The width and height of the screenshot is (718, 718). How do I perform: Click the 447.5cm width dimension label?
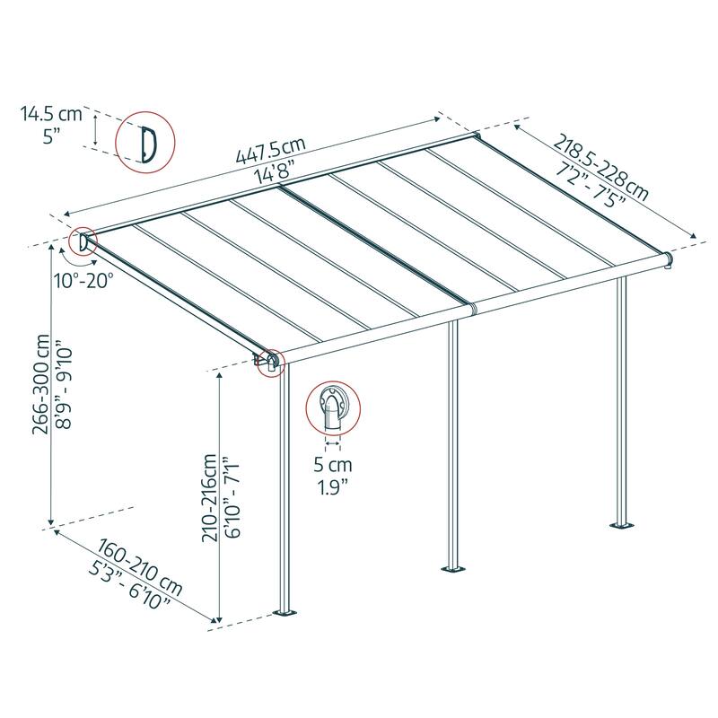270,153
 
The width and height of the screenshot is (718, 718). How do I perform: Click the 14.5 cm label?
52,114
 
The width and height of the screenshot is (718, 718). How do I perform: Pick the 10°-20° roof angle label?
83,280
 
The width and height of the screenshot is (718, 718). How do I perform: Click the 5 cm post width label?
333,466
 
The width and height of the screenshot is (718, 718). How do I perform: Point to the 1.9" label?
333,488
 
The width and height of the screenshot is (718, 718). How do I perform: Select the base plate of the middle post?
452,568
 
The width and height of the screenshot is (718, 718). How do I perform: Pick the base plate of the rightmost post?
620,524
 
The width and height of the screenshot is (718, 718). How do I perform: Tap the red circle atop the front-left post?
270,362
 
